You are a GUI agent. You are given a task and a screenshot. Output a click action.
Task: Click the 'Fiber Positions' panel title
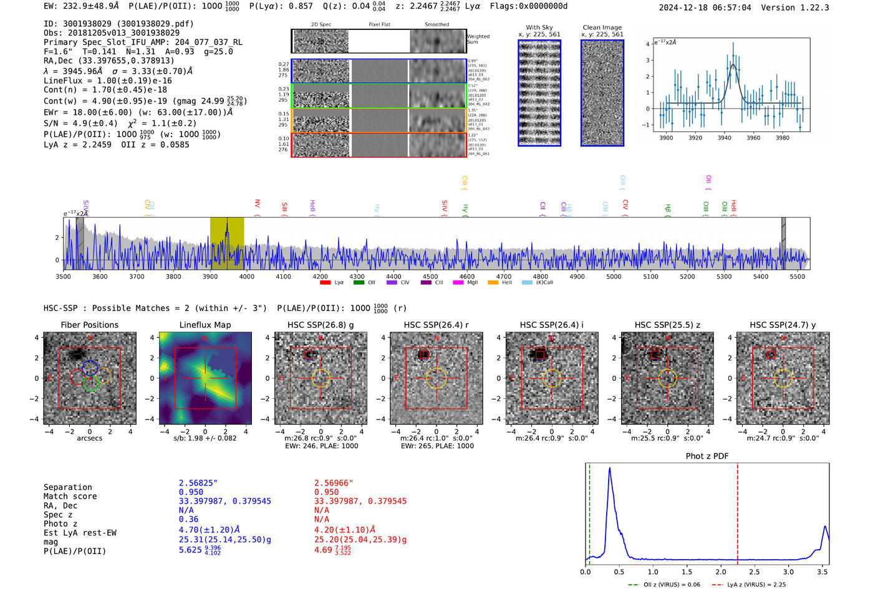(89, 325)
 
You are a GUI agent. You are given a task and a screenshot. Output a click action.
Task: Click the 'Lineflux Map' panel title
(205, 325)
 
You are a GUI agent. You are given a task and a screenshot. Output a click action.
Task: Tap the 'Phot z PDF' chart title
(707, 456)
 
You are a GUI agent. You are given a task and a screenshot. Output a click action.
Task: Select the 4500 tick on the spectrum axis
(430, 276)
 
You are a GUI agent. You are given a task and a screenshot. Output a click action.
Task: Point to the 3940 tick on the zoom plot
(724, 138)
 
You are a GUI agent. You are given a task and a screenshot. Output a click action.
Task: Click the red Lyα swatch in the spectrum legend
(325, 283)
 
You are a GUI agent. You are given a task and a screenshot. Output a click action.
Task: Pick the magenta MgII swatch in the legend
(458, 283)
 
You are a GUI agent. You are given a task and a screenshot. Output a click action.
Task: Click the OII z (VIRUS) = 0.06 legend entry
(664, 585)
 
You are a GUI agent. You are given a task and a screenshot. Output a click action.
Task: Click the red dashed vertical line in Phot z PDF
(738, 511)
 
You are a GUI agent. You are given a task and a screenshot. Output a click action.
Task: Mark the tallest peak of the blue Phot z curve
(609, 468)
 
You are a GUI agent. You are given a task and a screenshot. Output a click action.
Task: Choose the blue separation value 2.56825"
(198, 483)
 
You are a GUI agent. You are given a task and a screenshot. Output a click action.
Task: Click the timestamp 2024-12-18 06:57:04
(705, 7)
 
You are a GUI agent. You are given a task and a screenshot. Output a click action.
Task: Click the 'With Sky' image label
(539, 27)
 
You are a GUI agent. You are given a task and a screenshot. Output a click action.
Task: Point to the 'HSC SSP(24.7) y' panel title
(783, 325)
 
